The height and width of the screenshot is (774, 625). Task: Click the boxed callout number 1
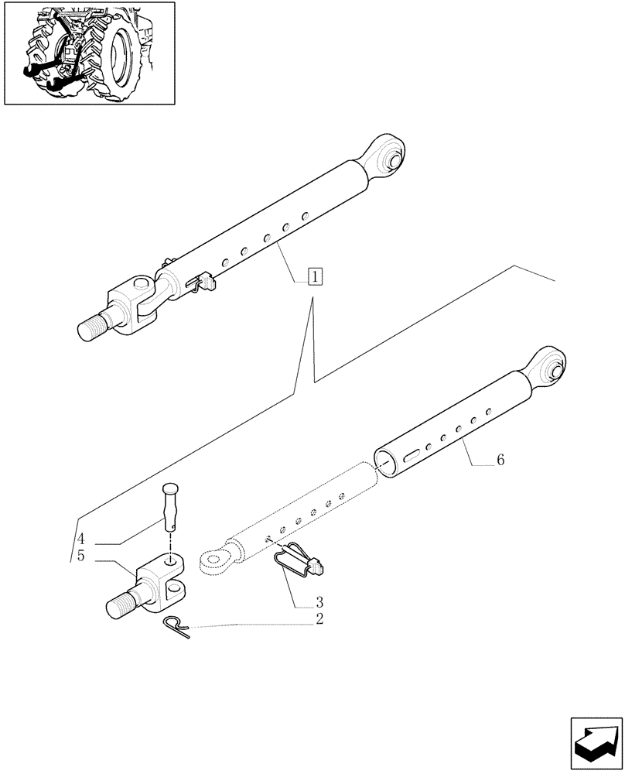[x=315, y=276]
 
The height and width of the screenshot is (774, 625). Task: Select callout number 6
[x=500, y=460]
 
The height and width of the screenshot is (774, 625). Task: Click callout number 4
[x=81, y=539]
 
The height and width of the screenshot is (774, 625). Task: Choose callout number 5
[x=81, y=556]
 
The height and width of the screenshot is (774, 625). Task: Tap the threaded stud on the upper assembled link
[x=94, y=324]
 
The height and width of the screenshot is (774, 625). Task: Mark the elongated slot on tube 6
[x=415, y=454]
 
